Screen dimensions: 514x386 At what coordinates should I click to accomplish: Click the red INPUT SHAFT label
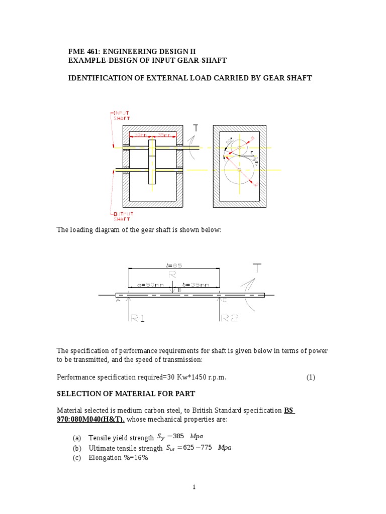pyautogui.click(x=121, y=115)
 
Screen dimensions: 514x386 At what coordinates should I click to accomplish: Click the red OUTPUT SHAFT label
pyautogui.click(x=122, y=216)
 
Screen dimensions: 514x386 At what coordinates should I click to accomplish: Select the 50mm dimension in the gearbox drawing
pyautogui.click(x=139, y=135)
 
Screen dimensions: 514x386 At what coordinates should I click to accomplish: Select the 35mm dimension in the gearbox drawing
pyautogui.click(x=163, y=135)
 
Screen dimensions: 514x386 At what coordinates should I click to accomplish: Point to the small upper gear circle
pyautogui.click(x=239, y=147)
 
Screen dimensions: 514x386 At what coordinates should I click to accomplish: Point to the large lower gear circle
pyautogui.click(x=239, y=170)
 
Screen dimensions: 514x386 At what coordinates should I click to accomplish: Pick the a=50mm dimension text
pyautogui.click(x=151, y=285)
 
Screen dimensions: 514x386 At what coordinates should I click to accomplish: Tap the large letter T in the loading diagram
pyautogui.click(x=257, y=268)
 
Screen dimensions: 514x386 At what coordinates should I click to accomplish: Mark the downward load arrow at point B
pyautogui.click(x=173, y=290)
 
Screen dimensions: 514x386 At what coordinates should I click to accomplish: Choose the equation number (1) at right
pyautogui.click(x=311, y=378)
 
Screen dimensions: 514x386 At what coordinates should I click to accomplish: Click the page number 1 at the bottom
pyautogui.click(x=194, y=487)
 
